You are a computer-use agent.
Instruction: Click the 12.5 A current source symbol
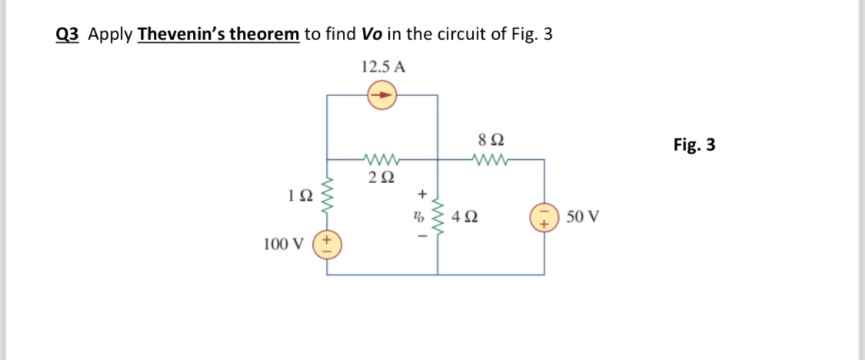click(382, 95)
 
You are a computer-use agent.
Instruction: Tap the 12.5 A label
click(383, 66)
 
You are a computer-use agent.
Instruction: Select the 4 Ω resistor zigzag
click(438, 216)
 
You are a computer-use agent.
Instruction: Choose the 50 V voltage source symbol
click(544, 216)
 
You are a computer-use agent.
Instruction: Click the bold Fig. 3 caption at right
click(694, 145)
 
